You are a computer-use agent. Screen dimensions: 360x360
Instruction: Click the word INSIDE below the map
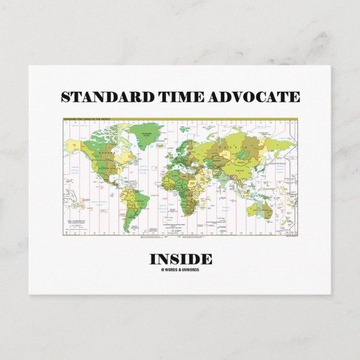point(180,259)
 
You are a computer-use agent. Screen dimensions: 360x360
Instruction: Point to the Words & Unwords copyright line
point(180,270)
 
